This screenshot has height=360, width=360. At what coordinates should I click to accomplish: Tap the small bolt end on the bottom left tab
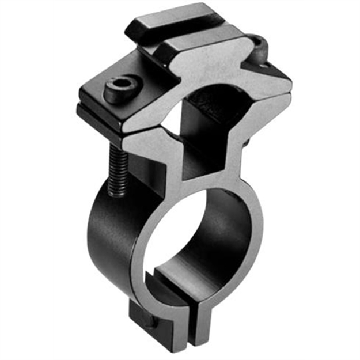(x=137, y=316)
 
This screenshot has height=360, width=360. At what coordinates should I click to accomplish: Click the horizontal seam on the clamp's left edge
(x=98, y=109)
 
